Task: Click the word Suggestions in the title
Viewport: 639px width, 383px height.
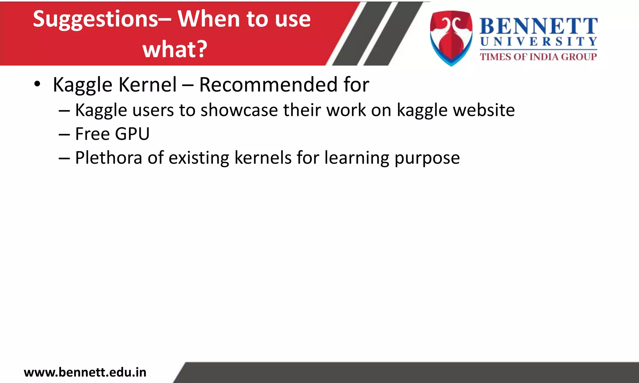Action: pos(95,19)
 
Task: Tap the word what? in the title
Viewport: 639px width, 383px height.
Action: pos(175,49)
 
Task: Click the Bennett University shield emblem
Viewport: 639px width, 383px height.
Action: pos(451,38)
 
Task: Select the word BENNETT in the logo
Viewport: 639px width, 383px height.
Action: pos(539,26)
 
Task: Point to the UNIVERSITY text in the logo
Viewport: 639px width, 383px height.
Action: pos(539,42)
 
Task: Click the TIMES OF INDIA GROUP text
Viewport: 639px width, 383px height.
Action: pos(539,57)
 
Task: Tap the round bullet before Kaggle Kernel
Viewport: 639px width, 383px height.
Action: pos(37,84)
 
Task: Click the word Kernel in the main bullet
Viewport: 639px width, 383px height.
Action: pos(148,84)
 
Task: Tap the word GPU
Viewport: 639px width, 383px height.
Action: pos(132,134)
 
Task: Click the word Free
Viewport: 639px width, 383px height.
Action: pos(92,134)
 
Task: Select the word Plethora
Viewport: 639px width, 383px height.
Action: pos(109,158)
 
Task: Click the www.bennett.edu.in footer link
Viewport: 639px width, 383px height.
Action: pos(85,372)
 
